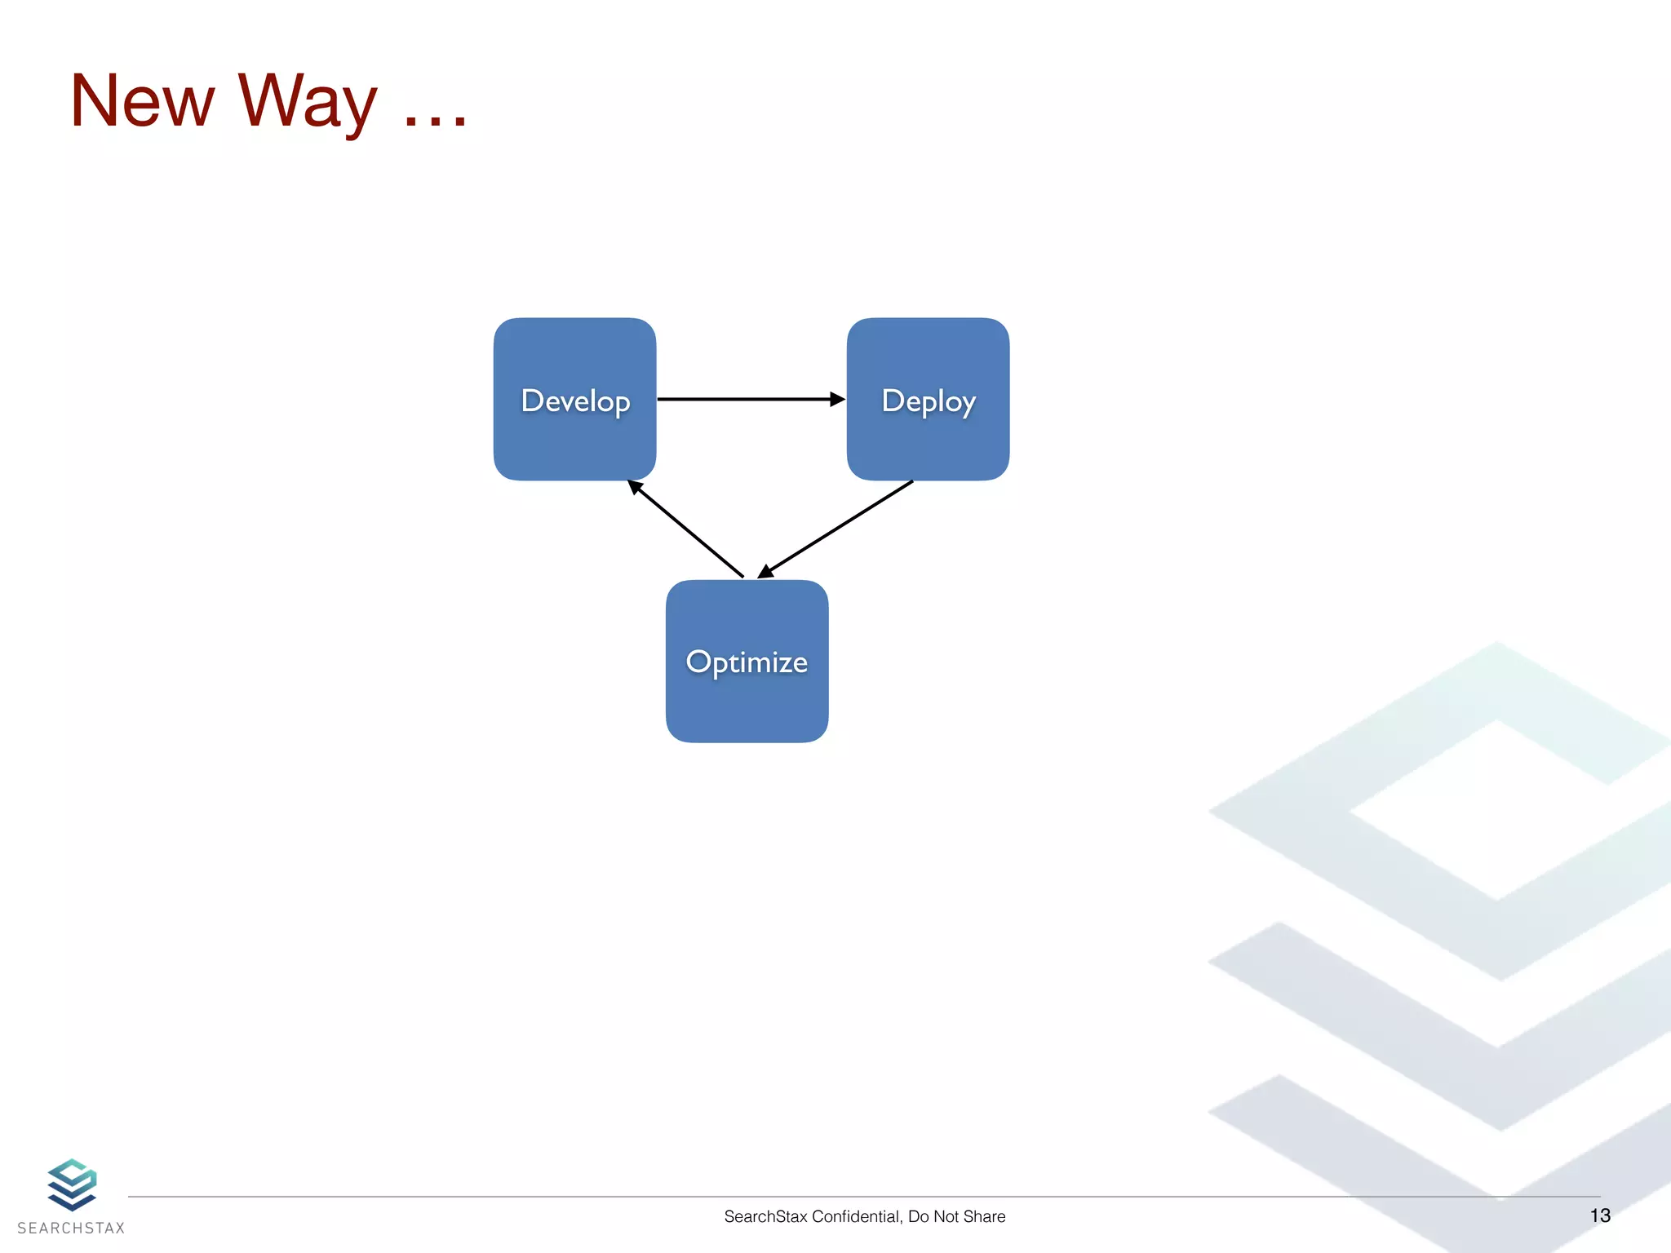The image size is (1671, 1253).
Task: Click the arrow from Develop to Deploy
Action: [x=742, y=399]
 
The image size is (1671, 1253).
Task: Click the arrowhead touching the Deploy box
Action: [x=837, y=399]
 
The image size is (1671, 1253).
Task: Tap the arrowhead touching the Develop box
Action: [x=635, y=487]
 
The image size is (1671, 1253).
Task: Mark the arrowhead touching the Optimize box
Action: [x=765, y=571]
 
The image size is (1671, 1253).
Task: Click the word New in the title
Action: [x=142, y=101]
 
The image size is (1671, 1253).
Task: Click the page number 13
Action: [x=1599, y=1215]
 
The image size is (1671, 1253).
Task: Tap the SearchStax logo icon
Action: [x=72, y=1184]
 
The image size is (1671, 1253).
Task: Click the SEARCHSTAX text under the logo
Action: [x=71, y=1229]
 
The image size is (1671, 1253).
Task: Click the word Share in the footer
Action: [x=985, y=1216]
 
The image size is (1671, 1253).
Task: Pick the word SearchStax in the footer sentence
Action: [x=765, y=1216]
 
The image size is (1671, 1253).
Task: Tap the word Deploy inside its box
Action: [x=928, y=401]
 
